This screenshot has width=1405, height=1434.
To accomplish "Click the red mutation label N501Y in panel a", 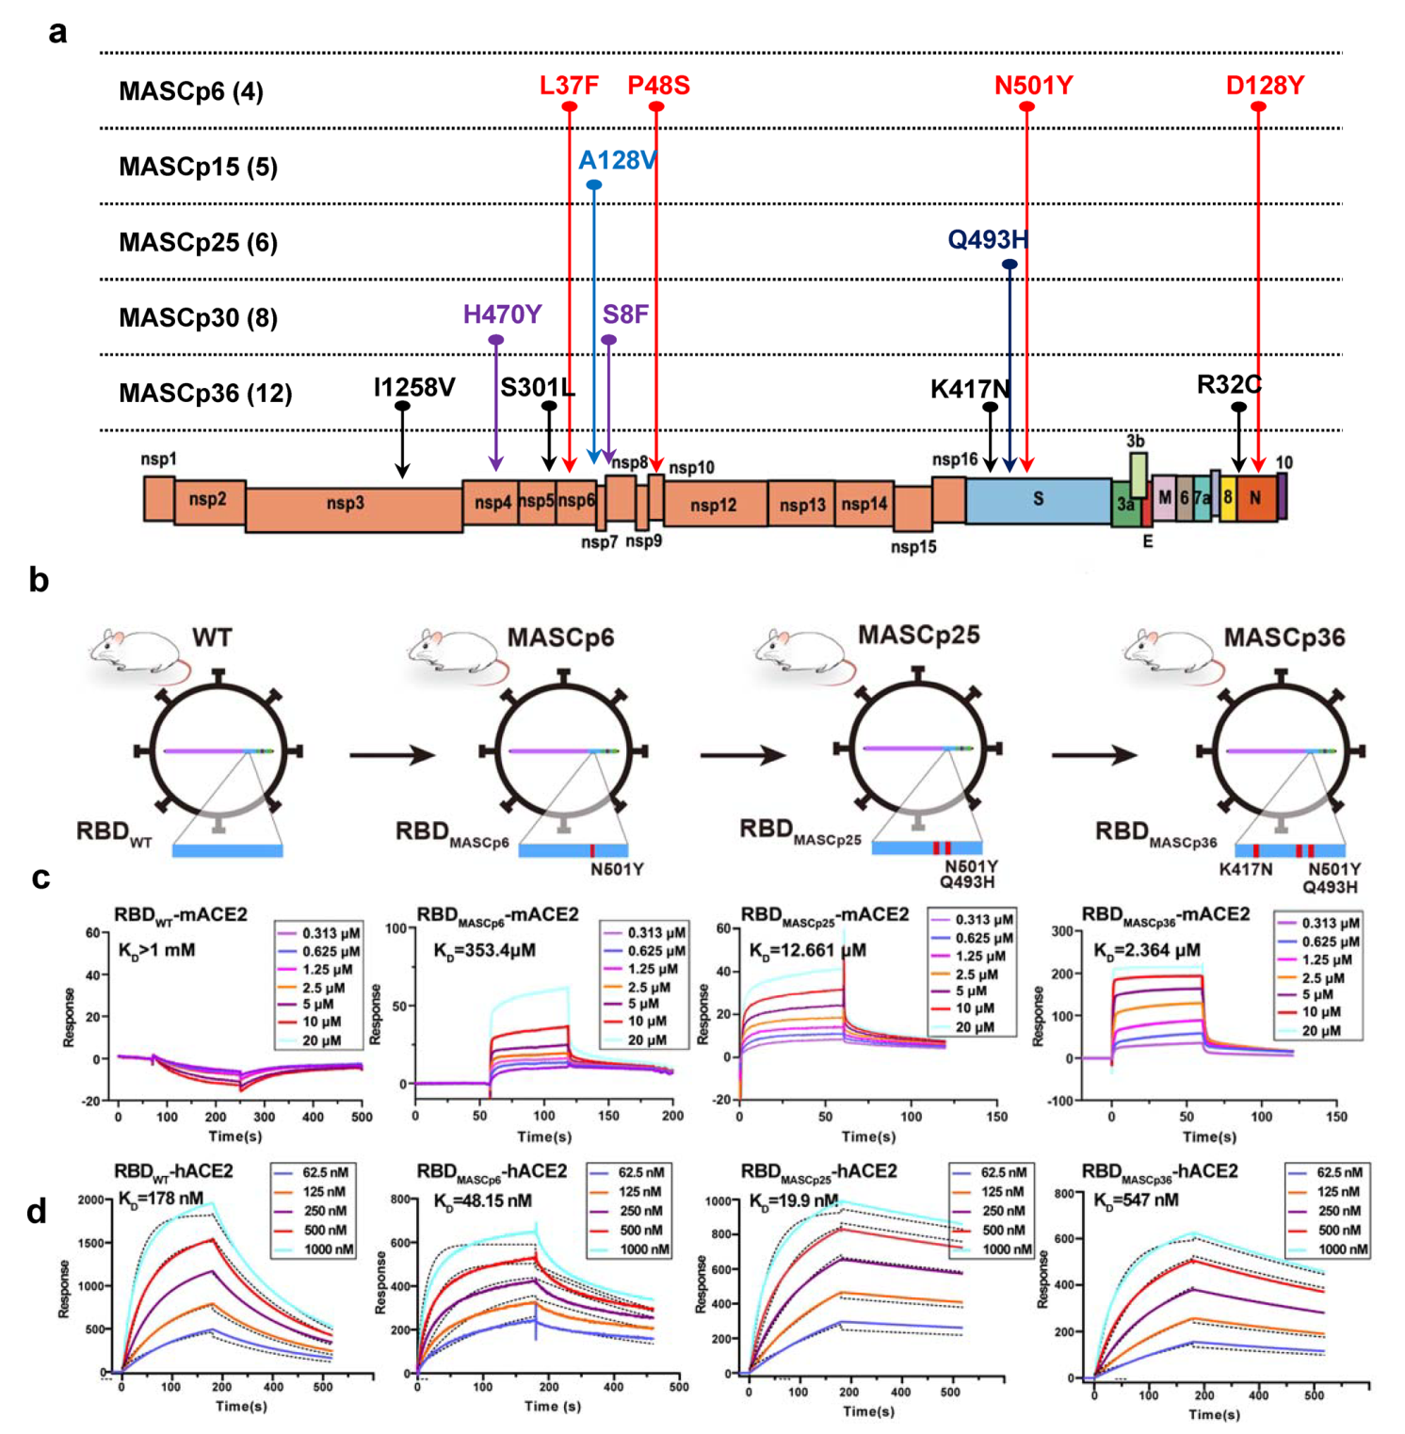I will pos(1033,86).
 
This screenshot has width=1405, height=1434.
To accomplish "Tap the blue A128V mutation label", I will pos(617,161).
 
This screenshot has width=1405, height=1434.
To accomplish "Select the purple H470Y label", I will pos(502,314).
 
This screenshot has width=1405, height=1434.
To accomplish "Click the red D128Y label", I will pos(1265,86).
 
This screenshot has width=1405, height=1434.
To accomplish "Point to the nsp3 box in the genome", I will pos(346,504).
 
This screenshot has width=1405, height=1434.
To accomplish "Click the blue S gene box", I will pos(1038,499).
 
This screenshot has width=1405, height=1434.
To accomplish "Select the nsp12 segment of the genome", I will pos(714,506).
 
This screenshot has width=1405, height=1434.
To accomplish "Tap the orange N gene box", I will pos(1255,498).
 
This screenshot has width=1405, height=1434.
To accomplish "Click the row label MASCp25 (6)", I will pos(198,243).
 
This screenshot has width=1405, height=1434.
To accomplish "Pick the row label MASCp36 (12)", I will pos(205,394).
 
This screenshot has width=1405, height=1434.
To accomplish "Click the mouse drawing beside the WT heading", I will pos(137,650).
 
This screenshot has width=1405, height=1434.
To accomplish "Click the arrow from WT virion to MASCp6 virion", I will pos(392,754).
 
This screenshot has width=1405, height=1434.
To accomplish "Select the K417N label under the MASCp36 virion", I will pos(1245,869).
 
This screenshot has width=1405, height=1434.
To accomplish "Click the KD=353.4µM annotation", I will pos(484,950).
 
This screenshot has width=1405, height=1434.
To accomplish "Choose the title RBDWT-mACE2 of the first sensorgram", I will pos(181,915).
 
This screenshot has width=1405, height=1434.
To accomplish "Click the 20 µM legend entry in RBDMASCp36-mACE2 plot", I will pos(1320,1031).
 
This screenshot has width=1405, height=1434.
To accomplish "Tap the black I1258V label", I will pos(414,388).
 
